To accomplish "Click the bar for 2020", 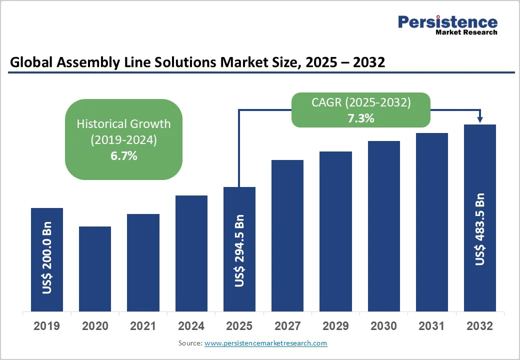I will (95, 268).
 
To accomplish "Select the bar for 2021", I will (143, 262).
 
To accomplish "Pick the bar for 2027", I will (287, 235).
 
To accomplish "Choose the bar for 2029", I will (335, 231).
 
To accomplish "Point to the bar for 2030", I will (384, 226).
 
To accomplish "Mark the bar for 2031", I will (432, 222).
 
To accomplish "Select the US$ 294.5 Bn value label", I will (239, 251).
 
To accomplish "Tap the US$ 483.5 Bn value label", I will (480, 228).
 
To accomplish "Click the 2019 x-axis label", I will (47, 326).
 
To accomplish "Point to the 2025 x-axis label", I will (239, 326).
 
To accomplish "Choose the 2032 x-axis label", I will (480, 326).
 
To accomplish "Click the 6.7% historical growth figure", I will (123, 156).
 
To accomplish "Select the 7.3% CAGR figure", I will (361, 118).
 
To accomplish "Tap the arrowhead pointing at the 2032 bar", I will (480, 119).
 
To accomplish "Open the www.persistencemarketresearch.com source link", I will (265, 343).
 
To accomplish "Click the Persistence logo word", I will (447, 22).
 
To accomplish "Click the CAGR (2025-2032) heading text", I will (361, 103).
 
